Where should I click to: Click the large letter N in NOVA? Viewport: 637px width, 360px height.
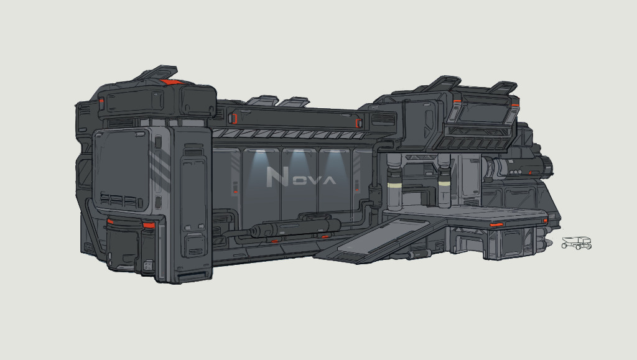pos(277,177)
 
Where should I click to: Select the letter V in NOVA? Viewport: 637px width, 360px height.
pos(314,180)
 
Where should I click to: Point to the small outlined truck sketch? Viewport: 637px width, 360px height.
pos(577,242)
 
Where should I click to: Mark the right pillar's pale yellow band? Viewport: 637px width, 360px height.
pos(444,184)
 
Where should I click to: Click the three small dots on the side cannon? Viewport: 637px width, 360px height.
pos(516,172)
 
